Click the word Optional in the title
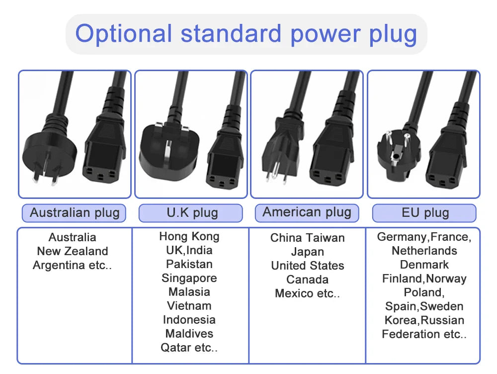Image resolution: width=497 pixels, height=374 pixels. pos(124,34)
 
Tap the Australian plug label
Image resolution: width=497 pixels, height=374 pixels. pos(74,213)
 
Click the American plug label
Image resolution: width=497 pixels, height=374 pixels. pos(307,212)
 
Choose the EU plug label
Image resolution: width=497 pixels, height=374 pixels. pos(424,213)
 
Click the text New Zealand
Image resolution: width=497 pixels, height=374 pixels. pos(73,251)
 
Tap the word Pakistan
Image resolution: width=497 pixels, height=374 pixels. pos(189,264)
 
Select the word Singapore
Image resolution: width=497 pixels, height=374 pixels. pos(189,278)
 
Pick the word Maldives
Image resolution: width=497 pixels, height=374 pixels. pos(189,334)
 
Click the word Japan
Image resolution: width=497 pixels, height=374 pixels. pos(308,252)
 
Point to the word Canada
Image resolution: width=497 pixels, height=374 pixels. pos(308,280)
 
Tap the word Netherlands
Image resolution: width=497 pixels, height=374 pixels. pos(424,251)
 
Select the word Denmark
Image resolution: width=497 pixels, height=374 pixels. pos(424,265)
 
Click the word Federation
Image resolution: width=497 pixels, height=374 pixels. pos(412,334)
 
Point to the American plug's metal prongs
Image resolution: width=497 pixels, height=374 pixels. pos(277,173)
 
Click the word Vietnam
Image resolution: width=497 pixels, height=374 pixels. pos(189,306)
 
